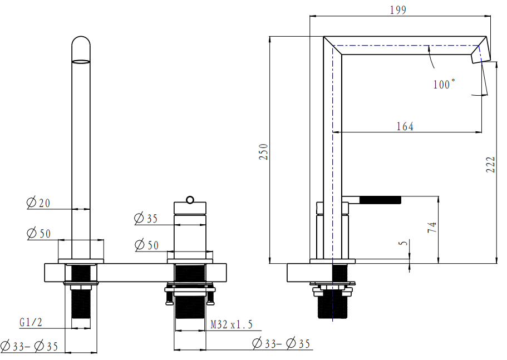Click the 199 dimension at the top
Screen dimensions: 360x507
[398, 9]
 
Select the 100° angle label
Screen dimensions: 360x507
[443, 85]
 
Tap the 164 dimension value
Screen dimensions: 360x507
[405, 126]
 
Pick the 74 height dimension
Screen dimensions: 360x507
[432, 227]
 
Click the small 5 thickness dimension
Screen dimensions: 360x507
[404, 243]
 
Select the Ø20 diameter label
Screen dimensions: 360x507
[38, 203]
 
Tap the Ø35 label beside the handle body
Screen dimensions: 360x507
[146, 219]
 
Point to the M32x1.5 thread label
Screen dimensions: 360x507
[232, 324]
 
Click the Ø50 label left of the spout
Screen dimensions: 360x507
[38, 233]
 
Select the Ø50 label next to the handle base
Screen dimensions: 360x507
[146, 244]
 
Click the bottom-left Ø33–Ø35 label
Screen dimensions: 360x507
[30, 346]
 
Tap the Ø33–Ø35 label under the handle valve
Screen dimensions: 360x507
[281, 343]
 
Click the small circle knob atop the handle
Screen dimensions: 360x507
[190, 199]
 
